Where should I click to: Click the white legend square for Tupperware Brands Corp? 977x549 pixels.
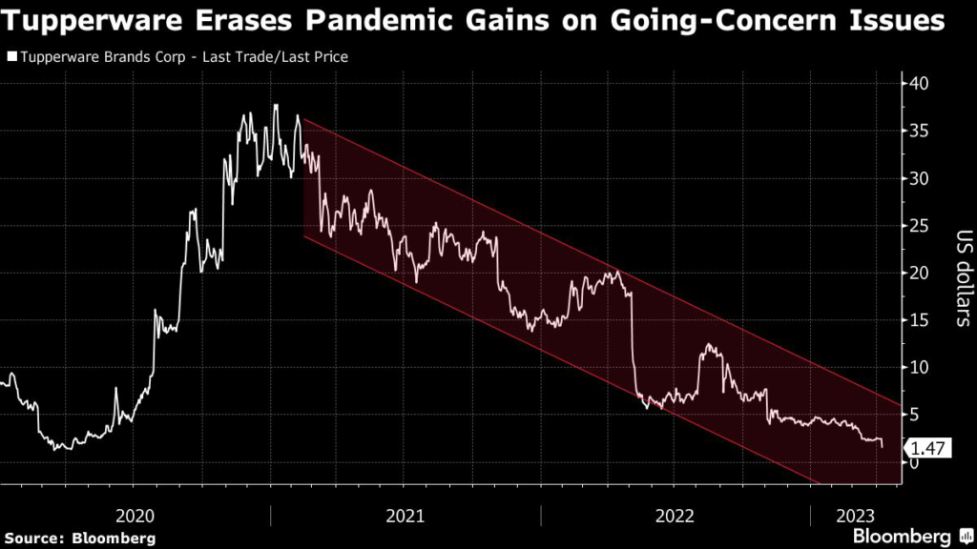[11, 57]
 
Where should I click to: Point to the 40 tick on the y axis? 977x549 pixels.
[919, 84]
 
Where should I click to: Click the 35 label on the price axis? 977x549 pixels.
[919, 131]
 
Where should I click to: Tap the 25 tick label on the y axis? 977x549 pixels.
[919, 226]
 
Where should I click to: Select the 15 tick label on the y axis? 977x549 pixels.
[919, 320]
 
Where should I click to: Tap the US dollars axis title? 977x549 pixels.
[962, 277]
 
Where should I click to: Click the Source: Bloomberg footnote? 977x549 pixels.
[80, 539]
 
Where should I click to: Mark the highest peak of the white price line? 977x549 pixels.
[276, 105]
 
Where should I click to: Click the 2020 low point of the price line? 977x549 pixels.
[56, 448]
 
